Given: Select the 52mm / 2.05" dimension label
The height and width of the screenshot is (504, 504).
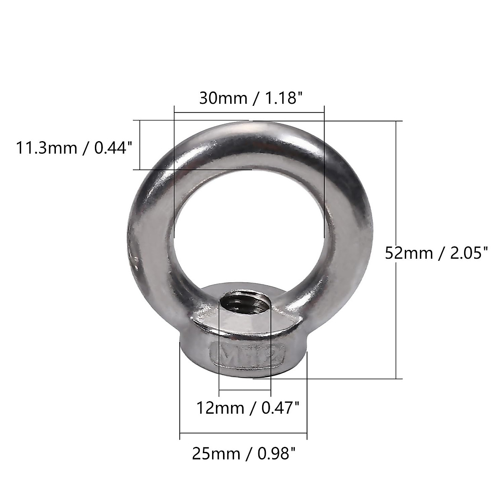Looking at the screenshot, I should [x=437, y=253].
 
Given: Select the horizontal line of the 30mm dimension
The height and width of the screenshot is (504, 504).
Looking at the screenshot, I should [x=249, y=113].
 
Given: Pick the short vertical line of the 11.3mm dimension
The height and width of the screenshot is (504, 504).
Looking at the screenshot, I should [x=139, y=145].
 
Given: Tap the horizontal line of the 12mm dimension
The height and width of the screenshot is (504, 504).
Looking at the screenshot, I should [x=245, y=390].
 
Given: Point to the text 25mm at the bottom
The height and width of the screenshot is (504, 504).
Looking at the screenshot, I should [x=216, y=454].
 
